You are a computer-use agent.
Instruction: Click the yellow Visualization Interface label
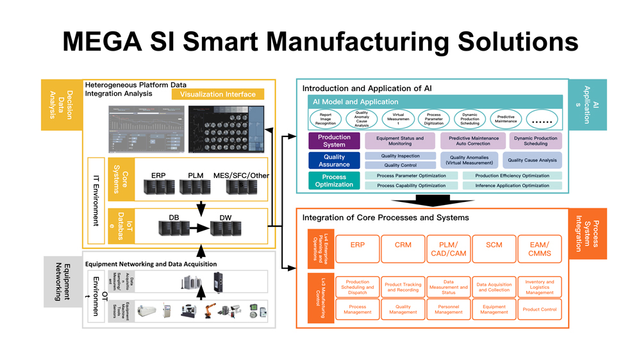pyautogui.click(x=217, y=94)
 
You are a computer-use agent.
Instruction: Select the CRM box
pyautogui.click(x=403, y=248)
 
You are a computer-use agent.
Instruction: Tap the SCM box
pyautogui.click(x=494, y=248)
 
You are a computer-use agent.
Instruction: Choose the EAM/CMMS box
pyautogui.click(x=539, y=248)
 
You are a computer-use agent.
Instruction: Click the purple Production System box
pyautogui.click(x=335, y=141)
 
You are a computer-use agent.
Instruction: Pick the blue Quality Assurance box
pyautogui.click(x=335, y=160)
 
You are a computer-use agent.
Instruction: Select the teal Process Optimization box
pyautogui.click(x=334, y=181)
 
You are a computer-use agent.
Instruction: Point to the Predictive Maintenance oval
pyautogui.click(x=506, y=119)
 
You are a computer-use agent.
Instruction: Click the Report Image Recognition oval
pyautogui.click(x=326, y=119)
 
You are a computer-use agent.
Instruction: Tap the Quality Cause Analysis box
pyautogui.click(x=532, y=160)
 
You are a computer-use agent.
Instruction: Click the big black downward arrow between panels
pyautogui.click(x=429, y=200)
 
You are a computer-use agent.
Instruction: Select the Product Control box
pyautogui.click(x=539, y=309)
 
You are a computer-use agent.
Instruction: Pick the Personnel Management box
pyautogui.click(x=448, y=309)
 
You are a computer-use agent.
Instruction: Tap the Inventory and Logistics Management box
pyautogui.click(x=539, y=287)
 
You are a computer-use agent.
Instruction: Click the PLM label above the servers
pyautogui.click(x=195, y=176)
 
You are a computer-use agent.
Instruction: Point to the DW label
pyautogui.click(x=226, y=218)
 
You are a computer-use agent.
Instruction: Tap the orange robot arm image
pyautogui.click(x=210, y=309)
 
